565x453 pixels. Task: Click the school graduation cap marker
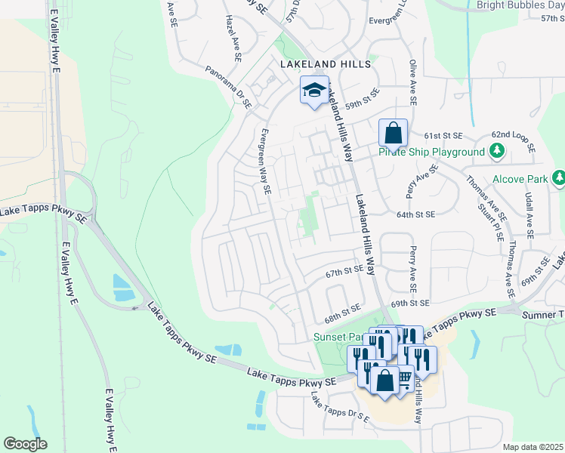coord(314,91)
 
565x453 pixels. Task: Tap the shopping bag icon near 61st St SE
coord(393,134)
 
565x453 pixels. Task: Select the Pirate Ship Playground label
coord(431,152)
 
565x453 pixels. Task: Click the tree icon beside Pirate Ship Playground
coord(497,152)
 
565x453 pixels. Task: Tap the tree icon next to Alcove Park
coord(558,178)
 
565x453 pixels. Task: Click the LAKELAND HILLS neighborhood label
coord(326,64)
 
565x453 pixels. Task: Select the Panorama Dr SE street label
coord(228,88)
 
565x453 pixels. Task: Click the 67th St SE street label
coord(344,270)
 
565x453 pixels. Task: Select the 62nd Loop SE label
coord(513,141)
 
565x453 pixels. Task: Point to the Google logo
coord(25,443)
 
